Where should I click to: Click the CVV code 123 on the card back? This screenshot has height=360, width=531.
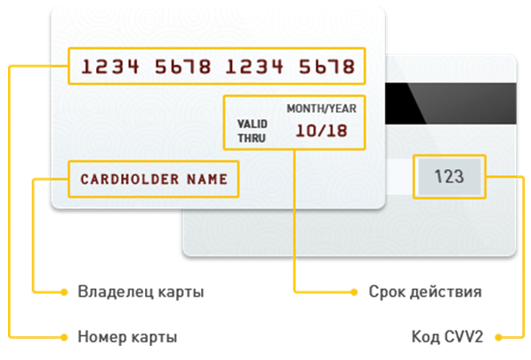[449, 176]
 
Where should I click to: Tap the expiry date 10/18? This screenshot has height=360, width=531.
[321, 131]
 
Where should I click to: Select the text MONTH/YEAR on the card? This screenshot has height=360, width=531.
[321, 108]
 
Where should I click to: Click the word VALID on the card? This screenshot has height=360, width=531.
[253, 124]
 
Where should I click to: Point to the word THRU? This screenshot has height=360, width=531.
[252, 138]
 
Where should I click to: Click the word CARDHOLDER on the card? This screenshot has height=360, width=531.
[130, 180]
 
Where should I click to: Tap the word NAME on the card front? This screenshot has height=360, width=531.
[207, 180]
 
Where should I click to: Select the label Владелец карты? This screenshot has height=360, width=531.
[141, 292]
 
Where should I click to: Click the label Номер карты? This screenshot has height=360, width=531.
[127, 337]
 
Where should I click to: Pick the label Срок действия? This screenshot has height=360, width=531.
[425, 292]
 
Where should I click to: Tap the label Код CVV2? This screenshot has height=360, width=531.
[447, 337]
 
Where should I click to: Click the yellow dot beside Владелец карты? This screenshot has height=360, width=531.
[64, 292]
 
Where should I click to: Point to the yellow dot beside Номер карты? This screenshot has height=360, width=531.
[64, 337]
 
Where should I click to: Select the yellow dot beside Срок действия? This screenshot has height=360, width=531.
[354, 292]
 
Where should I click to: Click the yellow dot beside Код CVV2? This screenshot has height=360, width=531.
[498, 337]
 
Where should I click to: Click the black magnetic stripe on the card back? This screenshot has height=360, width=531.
[451, 103]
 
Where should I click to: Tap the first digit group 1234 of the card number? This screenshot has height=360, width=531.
[110, 67]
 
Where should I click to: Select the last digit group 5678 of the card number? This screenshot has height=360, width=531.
[326, 67]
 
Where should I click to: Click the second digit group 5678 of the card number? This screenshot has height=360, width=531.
[183, 67]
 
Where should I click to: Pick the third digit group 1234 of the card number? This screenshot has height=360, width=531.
[254, 67]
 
